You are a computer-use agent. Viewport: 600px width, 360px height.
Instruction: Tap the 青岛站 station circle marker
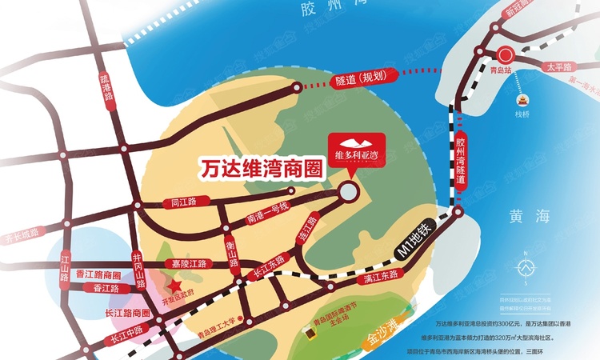(x=505, y=55)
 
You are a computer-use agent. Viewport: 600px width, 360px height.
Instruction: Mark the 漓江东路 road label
(x=380, y=277)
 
